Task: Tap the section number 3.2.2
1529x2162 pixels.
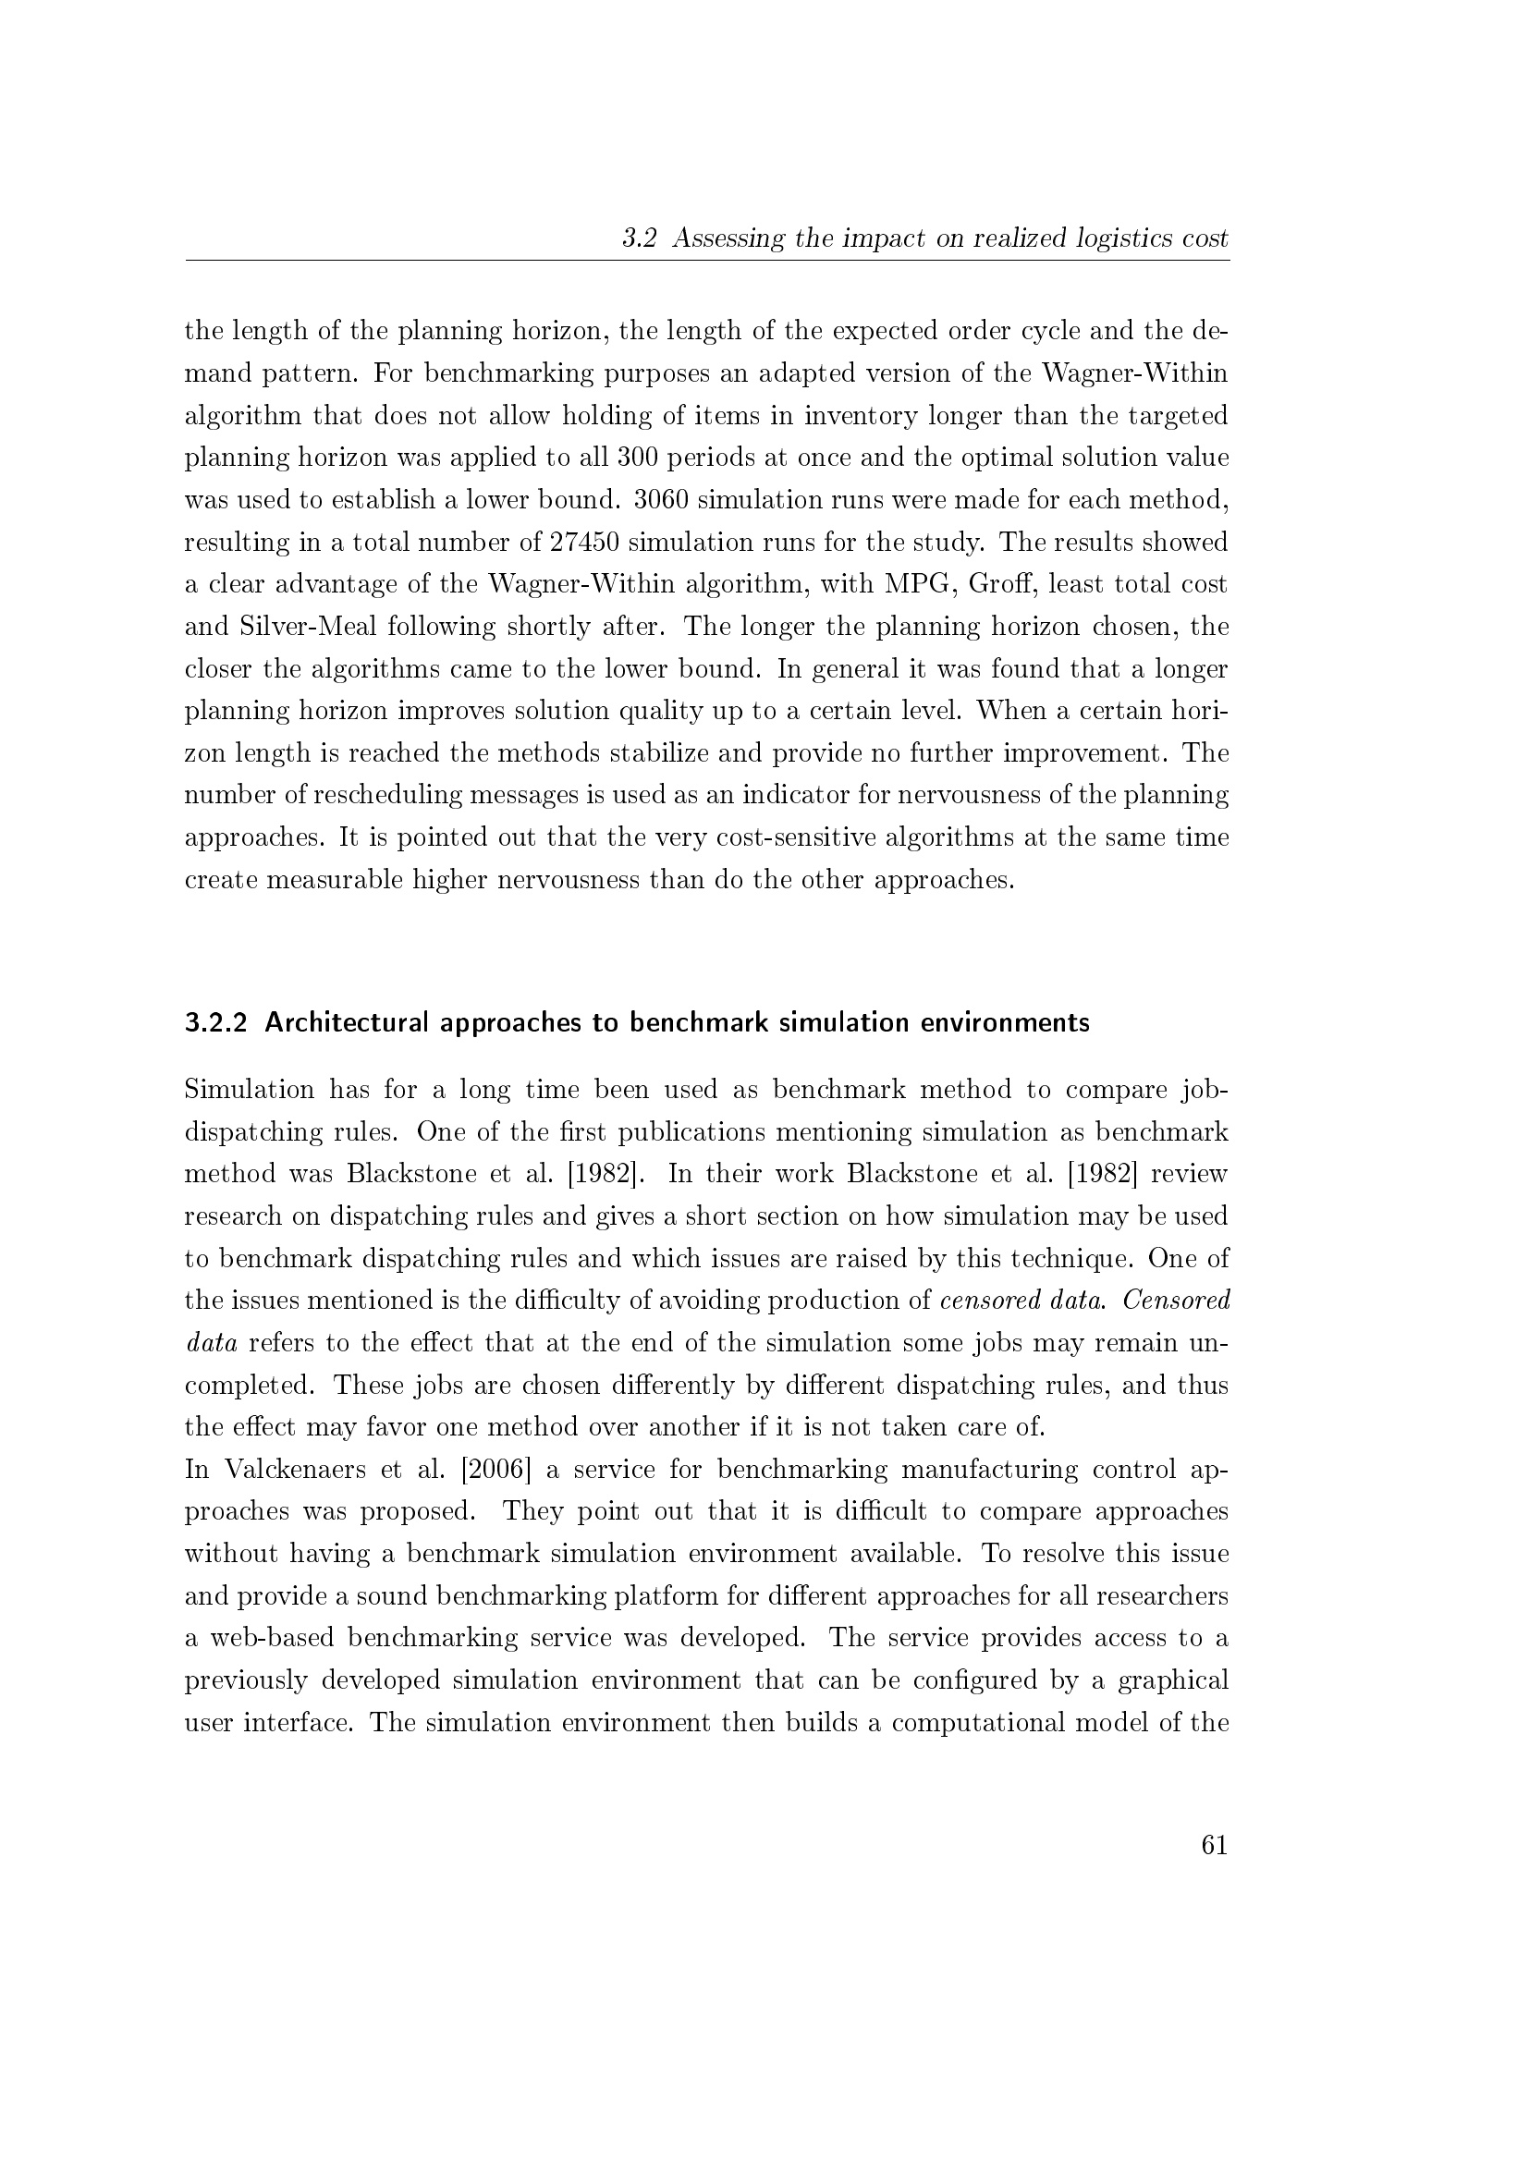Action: pyautogui.click(x=215, y=1022)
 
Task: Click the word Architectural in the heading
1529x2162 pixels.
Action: pyautogui.click(x=344, y=1022)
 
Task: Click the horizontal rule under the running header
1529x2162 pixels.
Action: pyautogui.click(x=707, y=261)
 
